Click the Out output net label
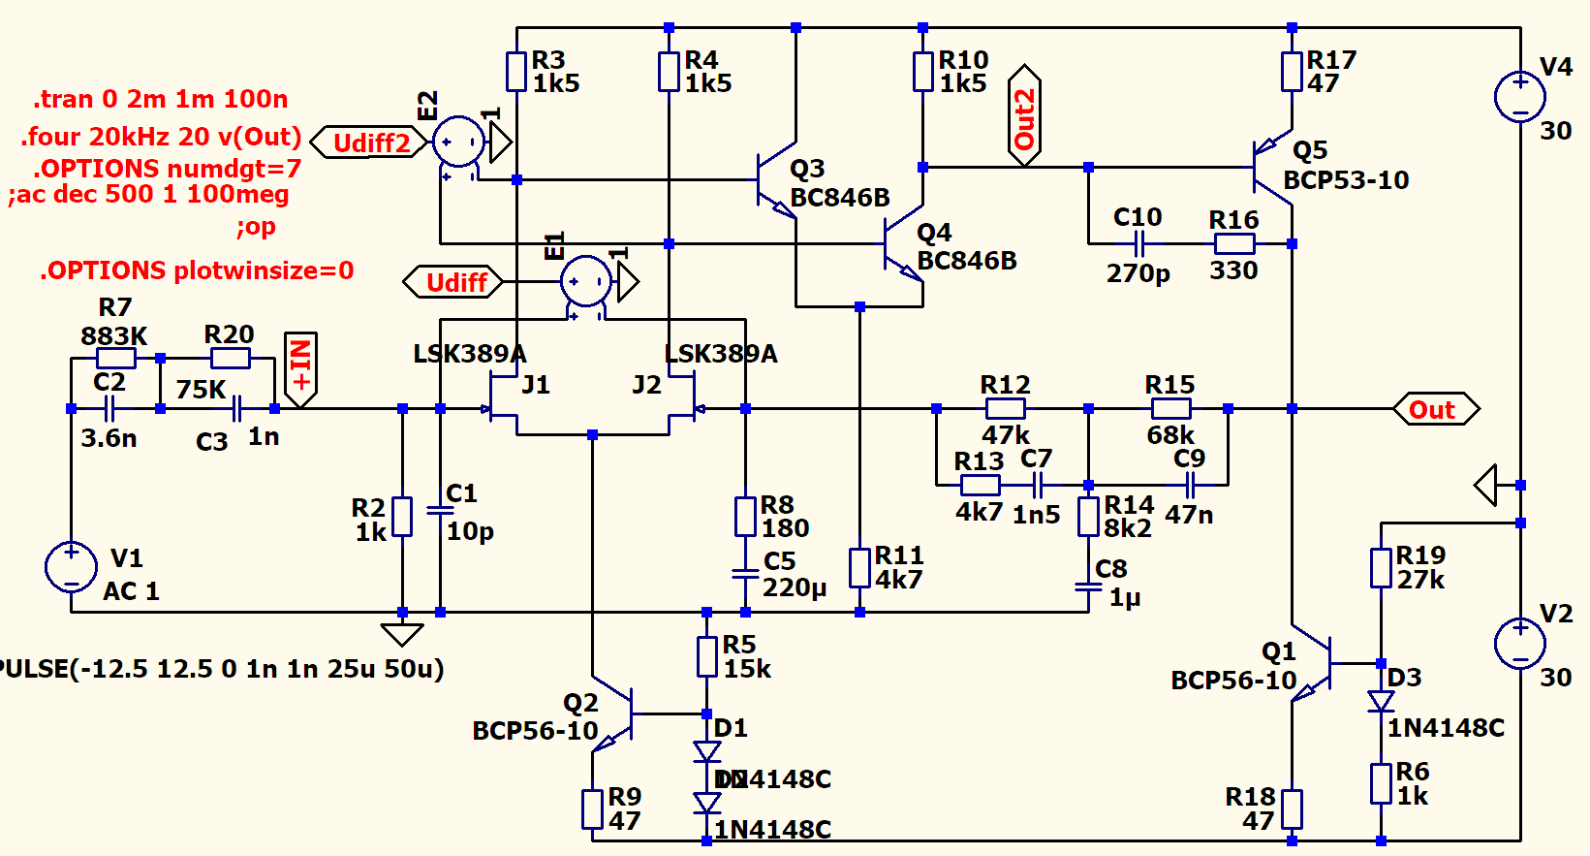tap(1435, 409)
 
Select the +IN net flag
tap(300, 367)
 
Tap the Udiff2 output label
tap(369, 143)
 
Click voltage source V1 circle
tap(71, 566)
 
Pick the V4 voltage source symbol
tap(1520, 97)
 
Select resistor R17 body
tap(1292, 72)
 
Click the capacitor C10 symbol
tap(1140, 243)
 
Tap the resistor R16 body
tap(1233, 243)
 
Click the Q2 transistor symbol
tap(614, 715)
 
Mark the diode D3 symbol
tap(1381, 700)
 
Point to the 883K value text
tap(113, 336)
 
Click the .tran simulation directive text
tap(161, 99)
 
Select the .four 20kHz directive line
tap(161, 137)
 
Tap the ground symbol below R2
tap(402, 634)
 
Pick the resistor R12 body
tap(1005, 409)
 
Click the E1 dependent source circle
tap(585, 282)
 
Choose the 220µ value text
tap(795, 587)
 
